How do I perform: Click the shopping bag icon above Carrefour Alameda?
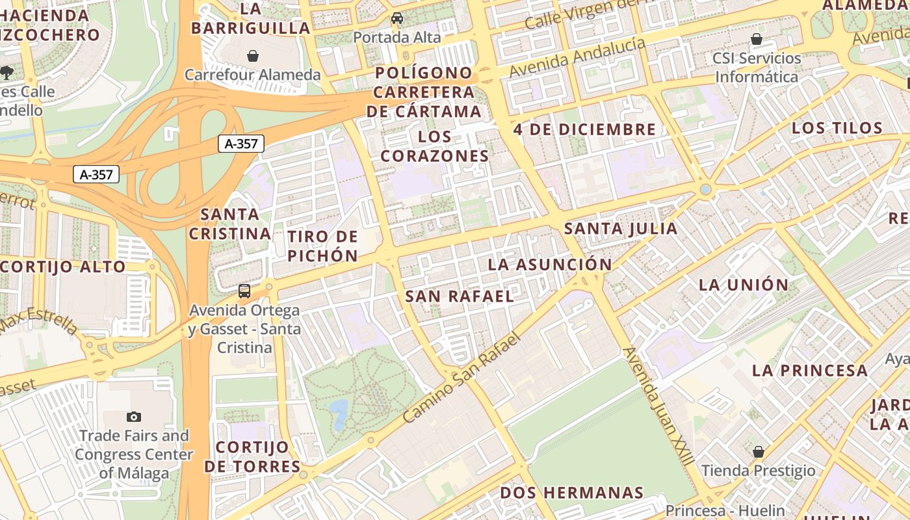coord(253,56)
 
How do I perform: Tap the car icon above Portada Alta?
coord(396,18)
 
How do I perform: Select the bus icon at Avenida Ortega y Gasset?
coord(244,291)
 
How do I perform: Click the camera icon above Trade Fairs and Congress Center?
coord(134,417)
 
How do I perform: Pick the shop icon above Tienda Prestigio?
coord(758,451)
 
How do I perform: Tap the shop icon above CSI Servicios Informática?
coord(756,39)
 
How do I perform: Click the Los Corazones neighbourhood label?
coord(434,146)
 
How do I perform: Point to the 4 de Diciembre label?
coord(584,129)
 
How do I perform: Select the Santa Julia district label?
coord(621,229)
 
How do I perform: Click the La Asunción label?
coord(549,265)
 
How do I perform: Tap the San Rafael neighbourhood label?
coord(460,296)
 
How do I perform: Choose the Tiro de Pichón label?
coord(323,246)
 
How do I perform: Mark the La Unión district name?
coord(744,285)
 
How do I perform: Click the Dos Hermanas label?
coord(571,493)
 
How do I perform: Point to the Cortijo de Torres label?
coord(252,457)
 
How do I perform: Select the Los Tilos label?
coord(837,128)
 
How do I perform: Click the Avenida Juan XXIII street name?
coord(658,406)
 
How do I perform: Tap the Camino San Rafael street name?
coord(462,377)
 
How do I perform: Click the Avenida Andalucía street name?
coord(578,57)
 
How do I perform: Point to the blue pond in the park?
coord(338,411)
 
